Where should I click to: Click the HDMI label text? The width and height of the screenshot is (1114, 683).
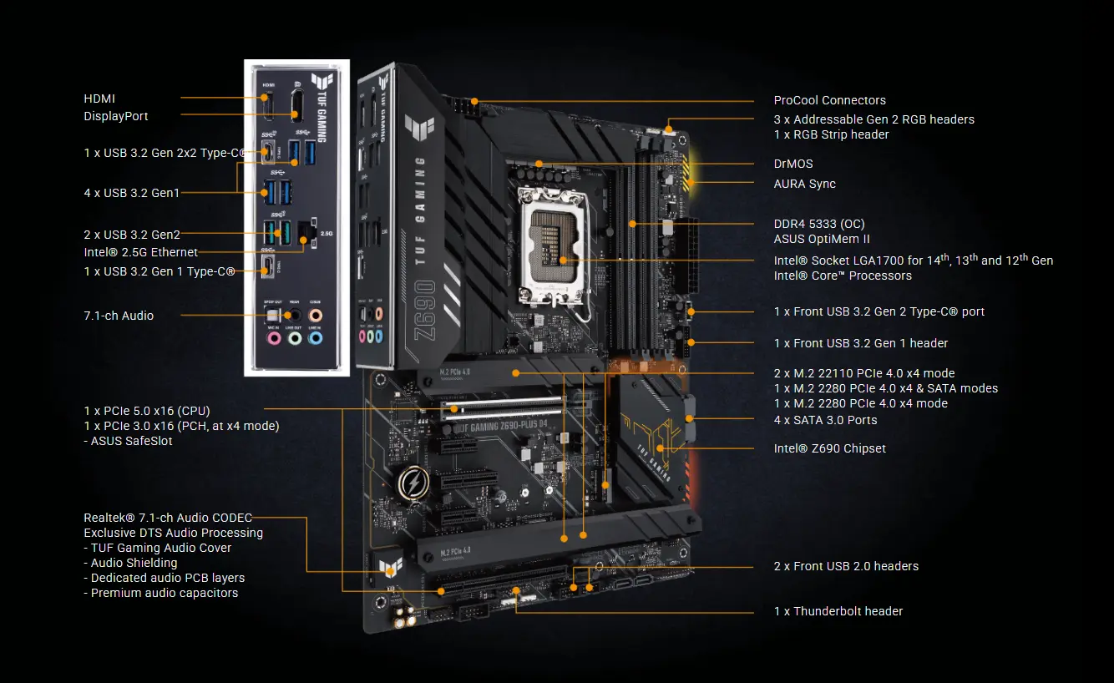point(99,99)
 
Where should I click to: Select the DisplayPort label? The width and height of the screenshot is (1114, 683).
point(116,116)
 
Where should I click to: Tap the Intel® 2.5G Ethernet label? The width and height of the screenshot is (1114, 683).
point(141,252)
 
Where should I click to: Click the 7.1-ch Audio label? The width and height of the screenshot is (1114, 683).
point(119,316)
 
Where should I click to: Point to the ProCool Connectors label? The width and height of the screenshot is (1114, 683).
point(829,100)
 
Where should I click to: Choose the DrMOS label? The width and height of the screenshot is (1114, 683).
point(792,164)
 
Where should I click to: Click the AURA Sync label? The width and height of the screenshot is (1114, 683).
point(804,184)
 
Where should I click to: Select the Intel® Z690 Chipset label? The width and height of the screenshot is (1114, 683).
point(829,448)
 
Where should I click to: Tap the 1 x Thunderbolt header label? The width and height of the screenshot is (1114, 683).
point(838,611)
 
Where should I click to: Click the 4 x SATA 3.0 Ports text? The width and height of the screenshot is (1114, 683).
point(825,420)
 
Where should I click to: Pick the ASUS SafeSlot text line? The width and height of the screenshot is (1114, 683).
point(129,441)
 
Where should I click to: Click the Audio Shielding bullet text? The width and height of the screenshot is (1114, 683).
point(130,563)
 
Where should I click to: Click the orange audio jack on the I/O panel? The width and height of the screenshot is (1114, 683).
point(315,316)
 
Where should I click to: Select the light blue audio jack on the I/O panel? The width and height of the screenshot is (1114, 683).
point(315,338)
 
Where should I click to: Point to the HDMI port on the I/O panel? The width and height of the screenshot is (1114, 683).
point(269,106)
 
